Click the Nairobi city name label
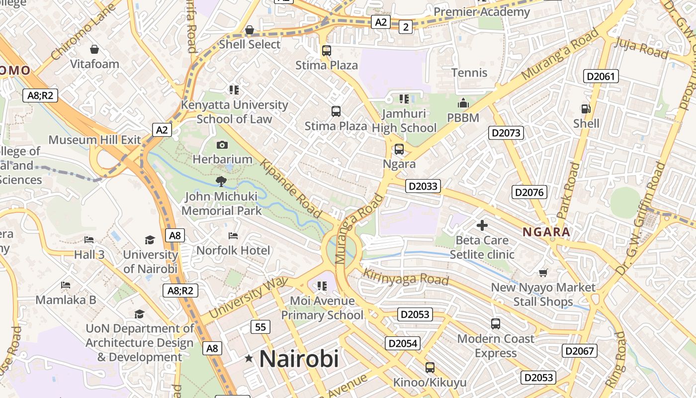pyautogui.click(x=299, y=359)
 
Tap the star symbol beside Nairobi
pyautogui.click(x=249, y=359)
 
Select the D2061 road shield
pyautogui.click(x=601, y=76)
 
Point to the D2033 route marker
pyautogui.click(x=423, y=186)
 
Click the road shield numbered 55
pyautogui.click(x=261, y=327)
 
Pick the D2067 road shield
pyautogui.click(x=580, y=351)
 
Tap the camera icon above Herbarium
pyautogui.click(x=222, y=145)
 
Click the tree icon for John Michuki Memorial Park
pyautogui.click(x=221, y=182)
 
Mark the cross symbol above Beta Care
pyautogui.click(x=482, y=225)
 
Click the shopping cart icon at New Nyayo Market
pyautogui.click(x=543, y=273)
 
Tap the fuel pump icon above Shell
pyautogui.click(x=586, y=108)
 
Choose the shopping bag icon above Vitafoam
pyautogui.click(x=94, y=49)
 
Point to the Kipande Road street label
pyautogui.click(x=291, y=189)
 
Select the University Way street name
pyautogui.click(x=249, y=298)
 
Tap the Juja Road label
pyautogui.click(x=641, y=48)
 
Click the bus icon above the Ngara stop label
pyautogui.click(x=399, y=149)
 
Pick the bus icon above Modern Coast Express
pyautogui.click(x=495, y=324)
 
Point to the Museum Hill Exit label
pyautogui.click(x=95, y=140)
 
